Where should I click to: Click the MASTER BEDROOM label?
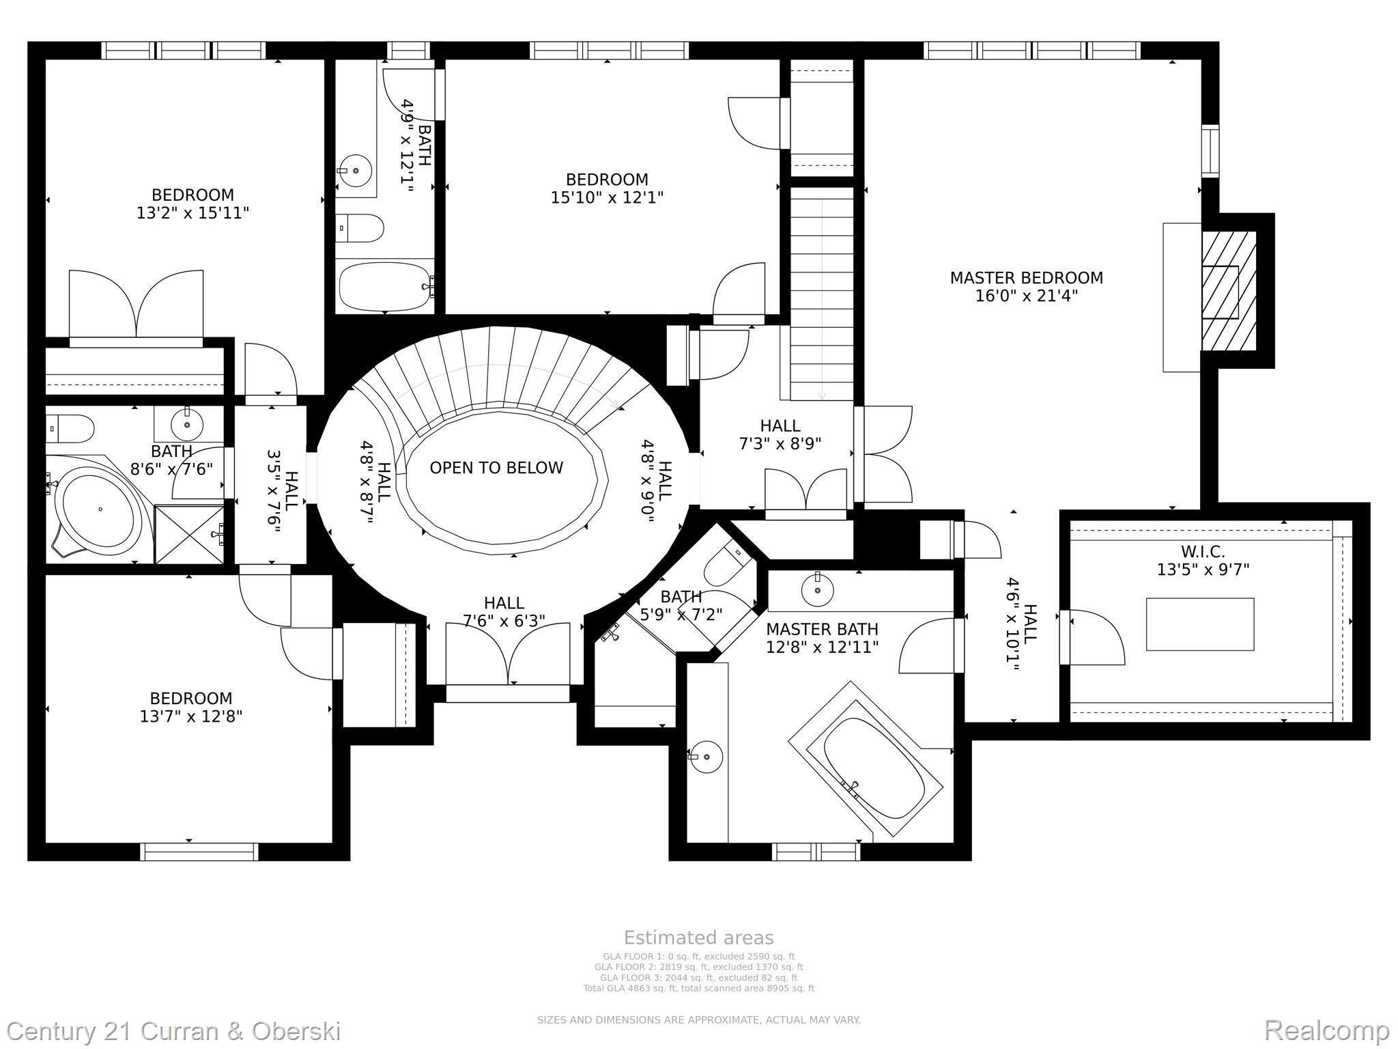1026,278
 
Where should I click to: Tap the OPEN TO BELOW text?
496,468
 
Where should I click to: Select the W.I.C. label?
1202,551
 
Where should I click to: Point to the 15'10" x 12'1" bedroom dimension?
607,197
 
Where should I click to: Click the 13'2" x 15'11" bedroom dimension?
192,213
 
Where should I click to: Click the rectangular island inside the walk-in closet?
1200,624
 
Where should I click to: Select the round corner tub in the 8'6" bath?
100,509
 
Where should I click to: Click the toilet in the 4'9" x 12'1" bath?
361,228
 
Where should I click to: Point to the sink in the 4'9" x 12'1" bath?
356,170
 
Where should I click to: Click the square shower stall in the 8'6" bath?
190,534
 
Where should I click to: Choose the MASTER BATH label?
822,629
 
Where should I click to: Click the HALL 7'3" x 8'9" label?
780,434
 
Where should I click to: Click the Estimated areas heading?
698,938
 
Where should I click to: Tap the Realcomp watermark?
1326,1029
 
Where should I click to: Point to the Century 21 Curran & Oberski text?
174,1031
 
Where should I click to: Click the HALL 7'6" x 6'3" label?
504,612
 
